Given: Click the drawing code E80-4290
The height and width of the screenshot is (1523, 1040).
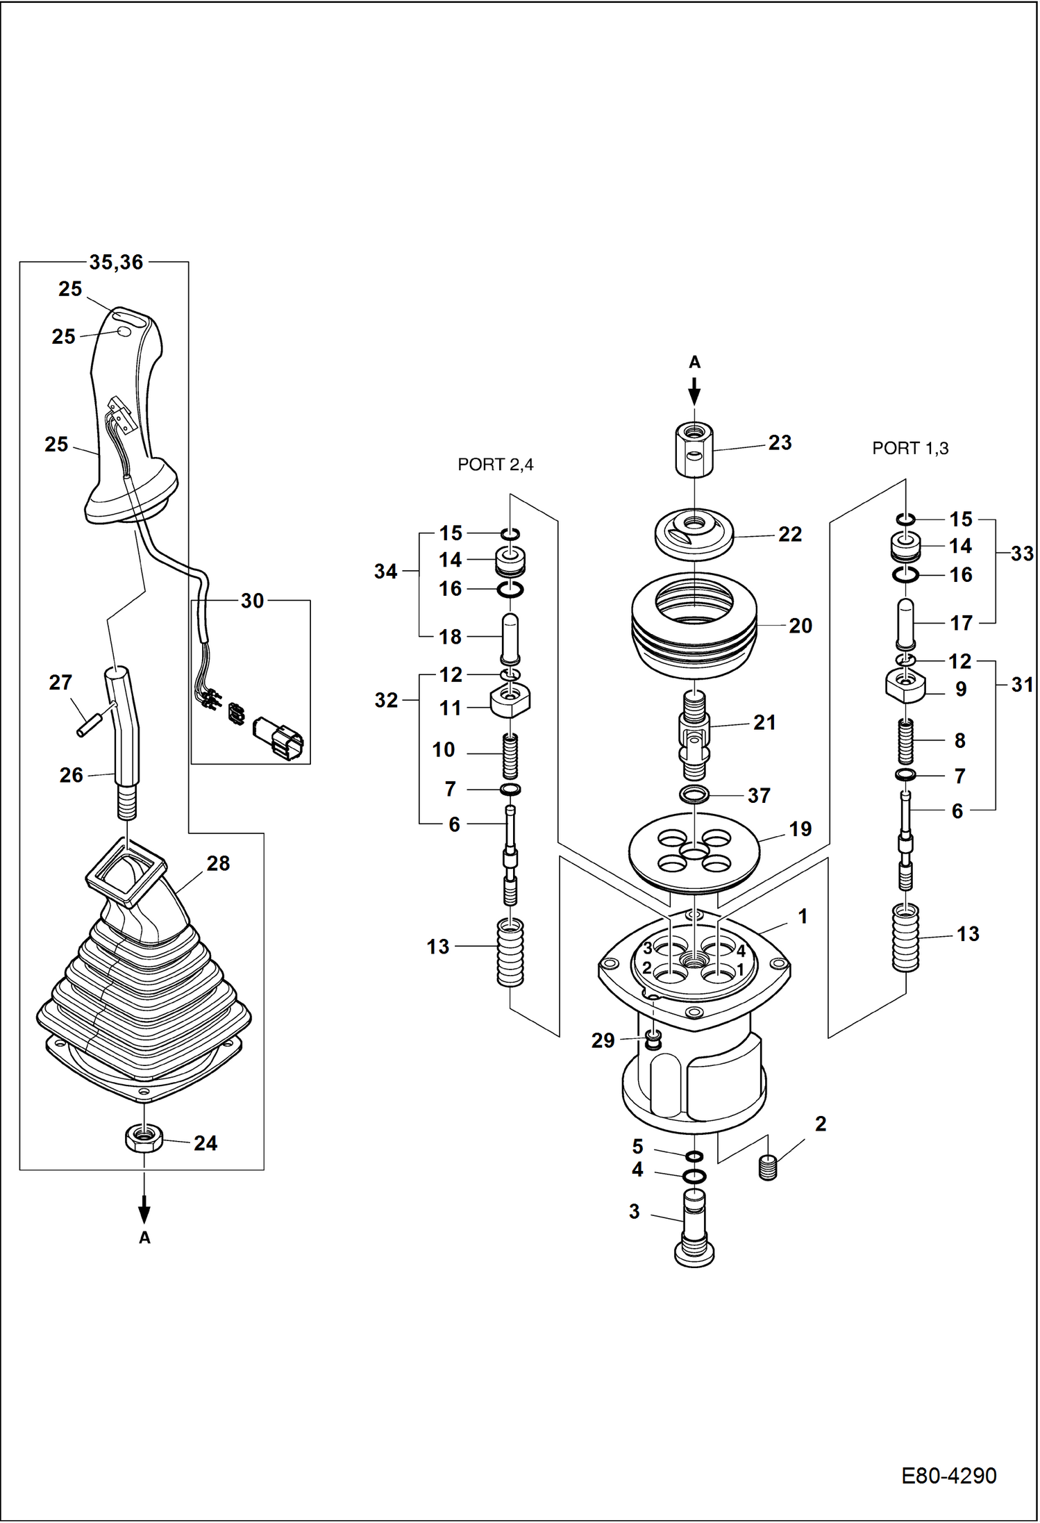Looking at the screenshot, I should pyautogui.click(x=948, y=1475).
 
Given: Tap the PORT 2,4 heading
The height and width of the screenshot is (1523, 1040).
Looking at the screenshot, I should pyautogui.click(x=495, y=465).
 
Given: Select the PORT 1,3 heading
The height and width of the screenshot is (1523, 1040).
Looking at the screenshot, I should pyautogui.click(x=909, y=449).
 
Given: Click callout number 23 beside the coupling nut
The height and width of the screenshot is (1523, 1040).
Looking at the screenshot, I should pyautogui.click(x=780, y=442).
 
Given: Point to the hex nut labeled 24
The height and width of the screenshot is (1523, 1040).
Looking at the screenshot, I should pyautogui.click(x=144, y=1138).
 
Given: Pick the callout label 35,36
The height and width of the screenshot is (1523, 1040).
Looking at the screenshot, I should pyautogui.click(x=116, y=263).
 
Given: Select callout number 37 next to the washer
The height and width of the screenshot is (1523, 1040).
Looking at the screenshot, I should pyautogui.click(x=758, y=795).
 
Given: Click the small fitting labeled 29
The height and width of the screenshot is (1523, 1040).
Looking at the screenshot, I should pyautogui.click(x=653, y=1040).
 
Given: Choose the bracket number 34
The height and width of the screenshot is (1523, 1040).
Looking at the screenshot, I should pyautogui.click(x=385, y=571).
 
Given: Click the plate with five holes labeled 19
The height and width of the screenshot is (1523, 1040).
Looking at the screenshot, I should pyautogui.click(x=694, y=852).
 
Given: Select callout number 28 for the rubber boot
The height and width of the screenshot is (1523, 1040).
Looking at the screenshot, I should pyautogui.click(x=218, y=863).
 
